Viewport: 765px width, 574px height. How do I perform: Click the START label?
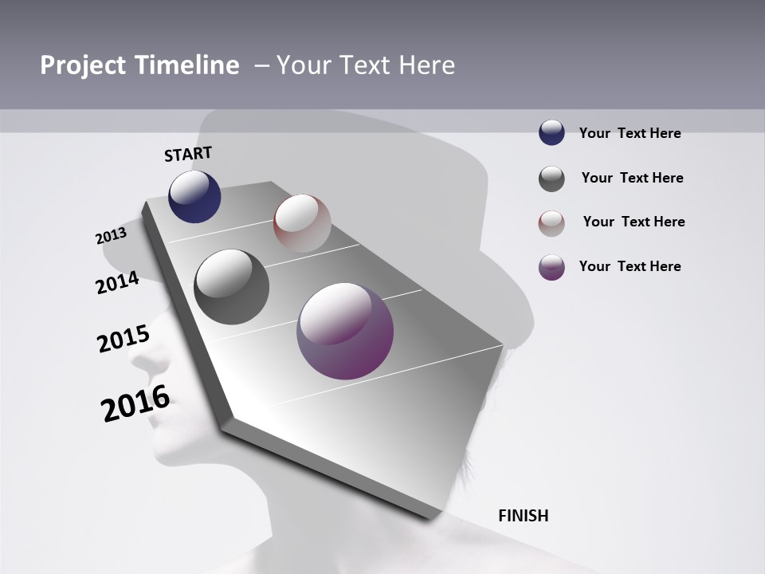188,154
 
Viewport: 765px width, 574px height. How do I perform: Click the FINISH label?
523,516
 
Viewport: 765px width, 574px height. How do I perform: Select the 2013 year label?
111,236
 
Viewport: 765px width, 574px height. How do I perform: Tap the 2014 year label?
117,282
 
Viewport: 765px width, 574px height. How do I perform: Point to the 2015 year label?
123,340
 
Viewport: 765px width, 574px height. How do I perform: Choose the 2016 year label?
135,403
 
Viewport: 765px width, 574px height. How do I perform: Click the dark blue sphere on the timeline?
194,196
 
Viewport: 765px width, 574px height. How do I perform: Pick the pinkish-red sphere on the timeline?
302,222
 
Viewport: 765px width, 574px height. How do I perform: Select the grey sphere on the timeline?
231,286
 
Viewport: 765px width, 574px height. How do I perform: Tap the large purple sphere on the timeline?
345,331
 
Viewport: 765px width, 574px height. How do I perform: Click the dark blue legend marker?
551,132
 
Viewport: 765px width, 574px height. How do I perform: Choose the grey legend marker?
551,179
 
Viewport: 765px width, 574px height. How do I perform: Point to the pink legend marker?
551,222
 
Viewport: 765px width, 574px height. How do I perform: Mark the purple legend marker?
551,267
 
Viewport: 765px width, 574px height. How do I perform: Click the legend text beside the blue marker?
630,133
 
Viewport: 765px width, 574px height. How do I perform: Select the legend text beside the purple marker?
630,266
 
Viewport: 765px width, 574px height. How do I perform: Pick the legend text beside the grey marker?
632,178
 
